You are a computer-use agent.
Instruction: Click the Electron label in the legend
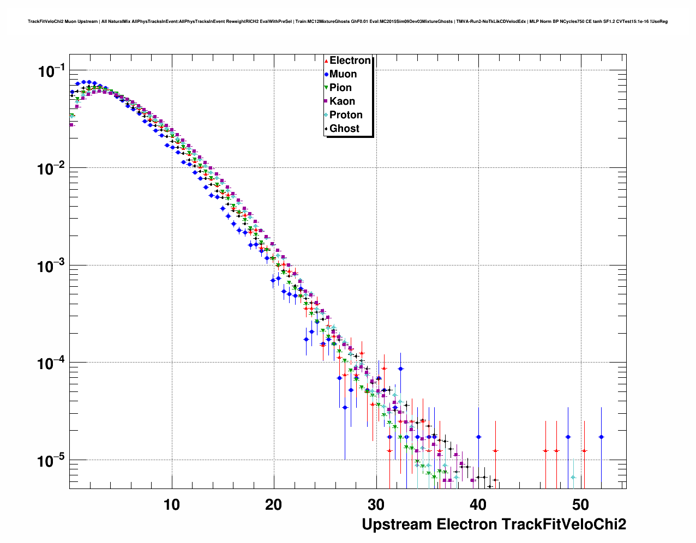pos(350,61)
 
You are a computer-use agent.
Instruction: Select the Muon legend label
pos(343,74)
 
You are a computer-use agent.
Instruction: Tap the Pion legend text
pos(340,88)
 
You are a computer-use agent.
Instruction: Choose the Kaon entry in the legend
pos(342,101)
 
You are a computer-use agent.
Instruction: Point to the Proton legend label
pos(346,115)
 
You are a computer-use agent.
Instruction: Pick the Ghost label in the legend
pos(344,129)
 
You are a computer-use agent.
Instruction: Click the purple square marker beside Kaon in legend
pos(326,101)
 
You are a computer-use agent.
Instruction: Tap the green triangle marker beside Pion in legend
pos(326,88)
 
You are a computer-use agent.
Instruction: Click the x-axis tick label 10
pos(172,505)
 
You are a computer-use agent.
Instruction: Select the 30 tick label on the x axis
pos(376,505)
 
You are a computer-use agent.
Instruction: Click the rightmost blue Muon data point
pos(601,437)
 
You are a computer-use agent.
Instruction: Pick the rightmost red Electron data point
pos(584,451)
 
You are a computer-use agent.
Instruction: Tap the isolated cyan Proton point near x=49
pos(573,478)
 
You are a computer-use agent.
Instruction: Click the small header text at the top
pos(347,21)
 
